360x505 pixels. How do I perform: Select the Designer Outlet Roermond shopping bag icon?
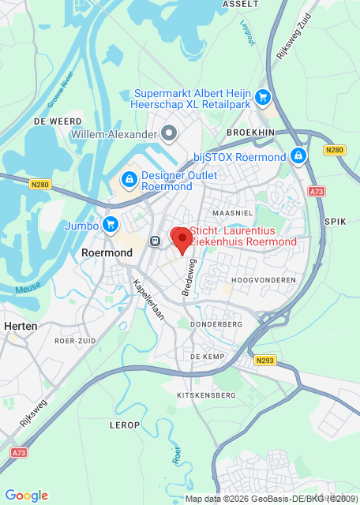[x=128, y=180]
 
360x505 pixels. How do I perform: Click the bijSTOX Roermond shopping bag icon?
[x=298, y=156]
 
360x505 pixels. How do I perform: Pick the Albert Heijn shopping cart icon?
[x=263, y=98]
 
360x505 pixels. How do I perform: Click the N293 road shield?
[x=266, y=360]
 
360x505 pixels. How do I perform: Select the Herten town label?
[x=21, y=325]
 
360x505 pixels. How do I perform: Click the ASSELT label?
[x=240, y=4]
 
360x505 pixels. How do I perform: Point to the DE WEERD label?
[x=52, y=122]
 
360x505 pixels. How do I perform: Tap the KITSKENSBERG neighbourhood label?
[x=207, y=395]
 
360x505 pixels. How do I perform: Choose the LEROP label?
[x=124, y=425]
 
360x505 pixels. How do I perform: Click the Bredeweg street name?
[x=187, y=279]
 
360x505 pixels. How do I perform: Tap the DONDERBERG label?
[x=216, y=324]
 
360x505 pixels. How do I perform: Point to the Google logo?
[x=27, y=495]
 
